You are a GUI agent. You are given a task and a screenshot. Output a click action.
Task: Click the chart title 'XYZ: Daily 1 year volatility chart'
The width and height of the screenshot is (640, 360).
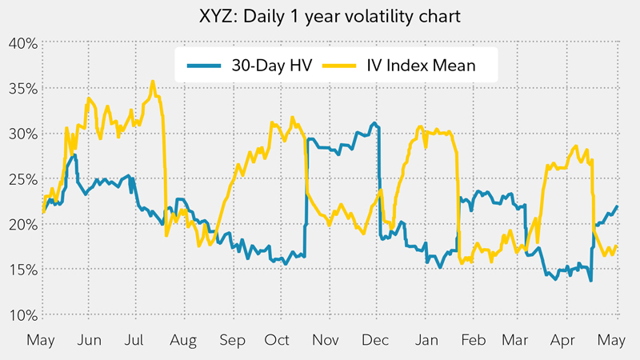pyautogui.click(x=319, y=16)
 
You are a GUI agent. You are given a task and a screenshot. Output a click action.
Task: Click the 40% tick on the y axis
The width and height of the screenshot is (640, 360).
pyautogui.click(x=21, y=42)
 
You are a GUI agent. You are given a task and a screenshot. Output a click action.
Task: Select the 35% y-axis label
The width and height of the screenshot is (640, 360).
pyautogui.click(x=21, y=88)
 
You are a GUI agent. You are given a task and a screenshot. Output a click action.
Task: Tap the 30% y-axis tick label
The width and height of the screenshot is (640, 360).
pyautogui.click(x=21, y=134)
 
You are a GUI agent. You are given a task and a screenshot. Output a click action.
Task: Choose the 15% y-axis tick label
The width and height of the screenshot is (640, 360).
pyautogui.click(x=21, y=270)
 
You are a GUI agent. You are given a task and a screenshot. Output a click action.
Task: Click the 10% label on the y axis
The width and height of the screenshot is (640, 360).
pyautogui.click(x=21, y=314)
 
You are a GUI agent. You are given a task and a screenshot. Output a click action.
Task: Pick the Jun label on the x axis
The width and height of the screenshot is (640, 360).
pyautogui.click(x=90, y=339)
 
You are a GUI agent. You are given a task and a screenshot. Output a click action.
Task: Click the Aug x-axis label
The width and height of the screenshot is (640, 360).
pyautogui.click(x=183, y=339)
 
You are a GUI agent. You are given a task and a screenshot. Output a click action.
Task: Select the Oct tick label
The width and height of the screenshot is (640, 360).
pyautogui.click(x=278, y=339)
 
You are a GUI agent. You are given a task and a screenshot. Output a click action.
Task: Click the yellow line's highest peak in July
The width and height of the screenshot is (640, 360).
pyautogui.click(x=152, y=81)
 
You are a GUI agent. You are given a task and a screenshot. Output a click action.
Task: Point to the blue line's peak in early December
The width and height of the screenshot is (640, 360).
pyautogui.click(x=374, y=123)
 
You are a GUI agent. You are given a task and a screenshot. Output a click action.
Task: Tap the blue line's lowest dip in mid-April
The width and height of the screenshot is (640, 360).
pyautogui.click(x=590, y=280)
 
